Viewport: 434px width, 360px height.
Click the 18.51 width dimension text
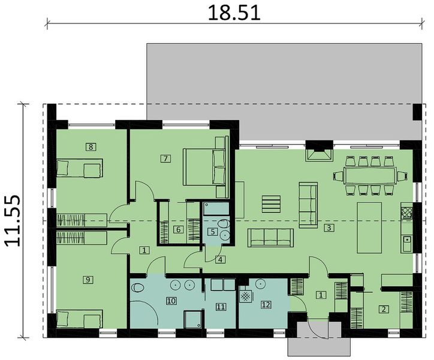[x=234, y=13]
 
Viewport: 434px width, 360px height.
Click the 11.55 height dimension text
[x=14, y=220]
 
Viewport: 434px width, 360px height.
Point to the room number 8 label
[x=91, y=146]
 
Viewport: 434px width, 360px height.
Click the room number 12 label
[x=266, y=304]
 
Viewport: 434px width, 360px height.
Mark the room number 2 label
[x=382, y=310]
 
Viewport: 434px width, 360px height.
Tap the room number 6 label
[x=177, y=229]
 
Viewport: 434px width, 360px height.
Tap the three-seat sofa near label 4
[x=271, y=238]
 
